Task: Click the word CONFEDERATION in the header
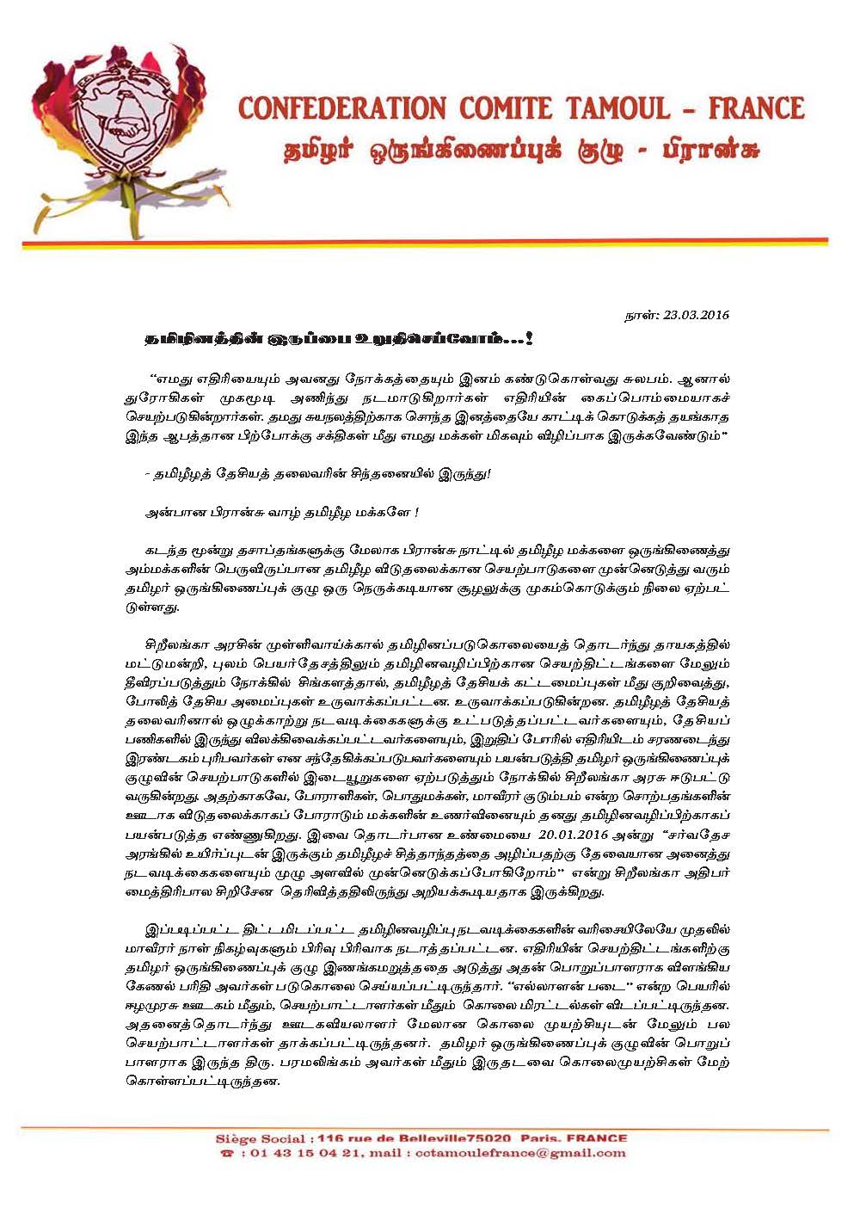coord(341,109)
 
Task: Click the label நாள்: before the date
coord(641,315)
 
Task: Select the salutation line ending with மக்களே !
coord(282,512)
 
